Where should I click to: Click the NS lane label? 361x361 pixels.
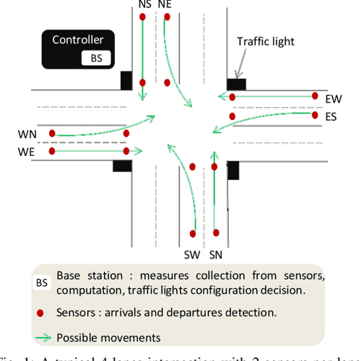tap(145, 4)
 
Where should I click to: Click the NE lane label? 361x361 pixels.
tap(165, 4)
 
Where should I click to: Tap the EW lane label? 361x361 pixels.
tap(334, 98)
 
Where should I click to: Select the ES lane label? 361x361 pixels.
tap(333, 117)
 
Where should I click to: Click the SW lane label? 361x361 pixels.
tap(191, 254)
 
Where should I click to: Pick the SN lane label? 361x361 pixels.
tap(216, 254)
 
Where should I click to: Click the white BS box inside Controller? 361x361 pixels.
tap(96, 57)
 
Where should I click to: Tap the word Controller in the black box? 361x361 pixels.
tap(77, 40)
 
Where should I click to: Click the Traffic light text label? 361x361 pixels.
tap(266, 42)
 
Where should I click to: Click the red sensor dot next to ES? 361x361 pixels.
tap(315, 114)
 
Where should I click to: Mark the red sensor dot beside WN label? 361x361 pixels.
tap(52, 134)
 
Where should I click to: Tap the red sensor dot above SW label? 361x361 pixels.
tap(193, 233)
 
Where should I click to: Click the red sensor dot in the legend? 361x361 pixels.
tap(42, 313)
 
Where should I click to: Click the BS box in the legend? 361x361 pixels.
tap(42, 283)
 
